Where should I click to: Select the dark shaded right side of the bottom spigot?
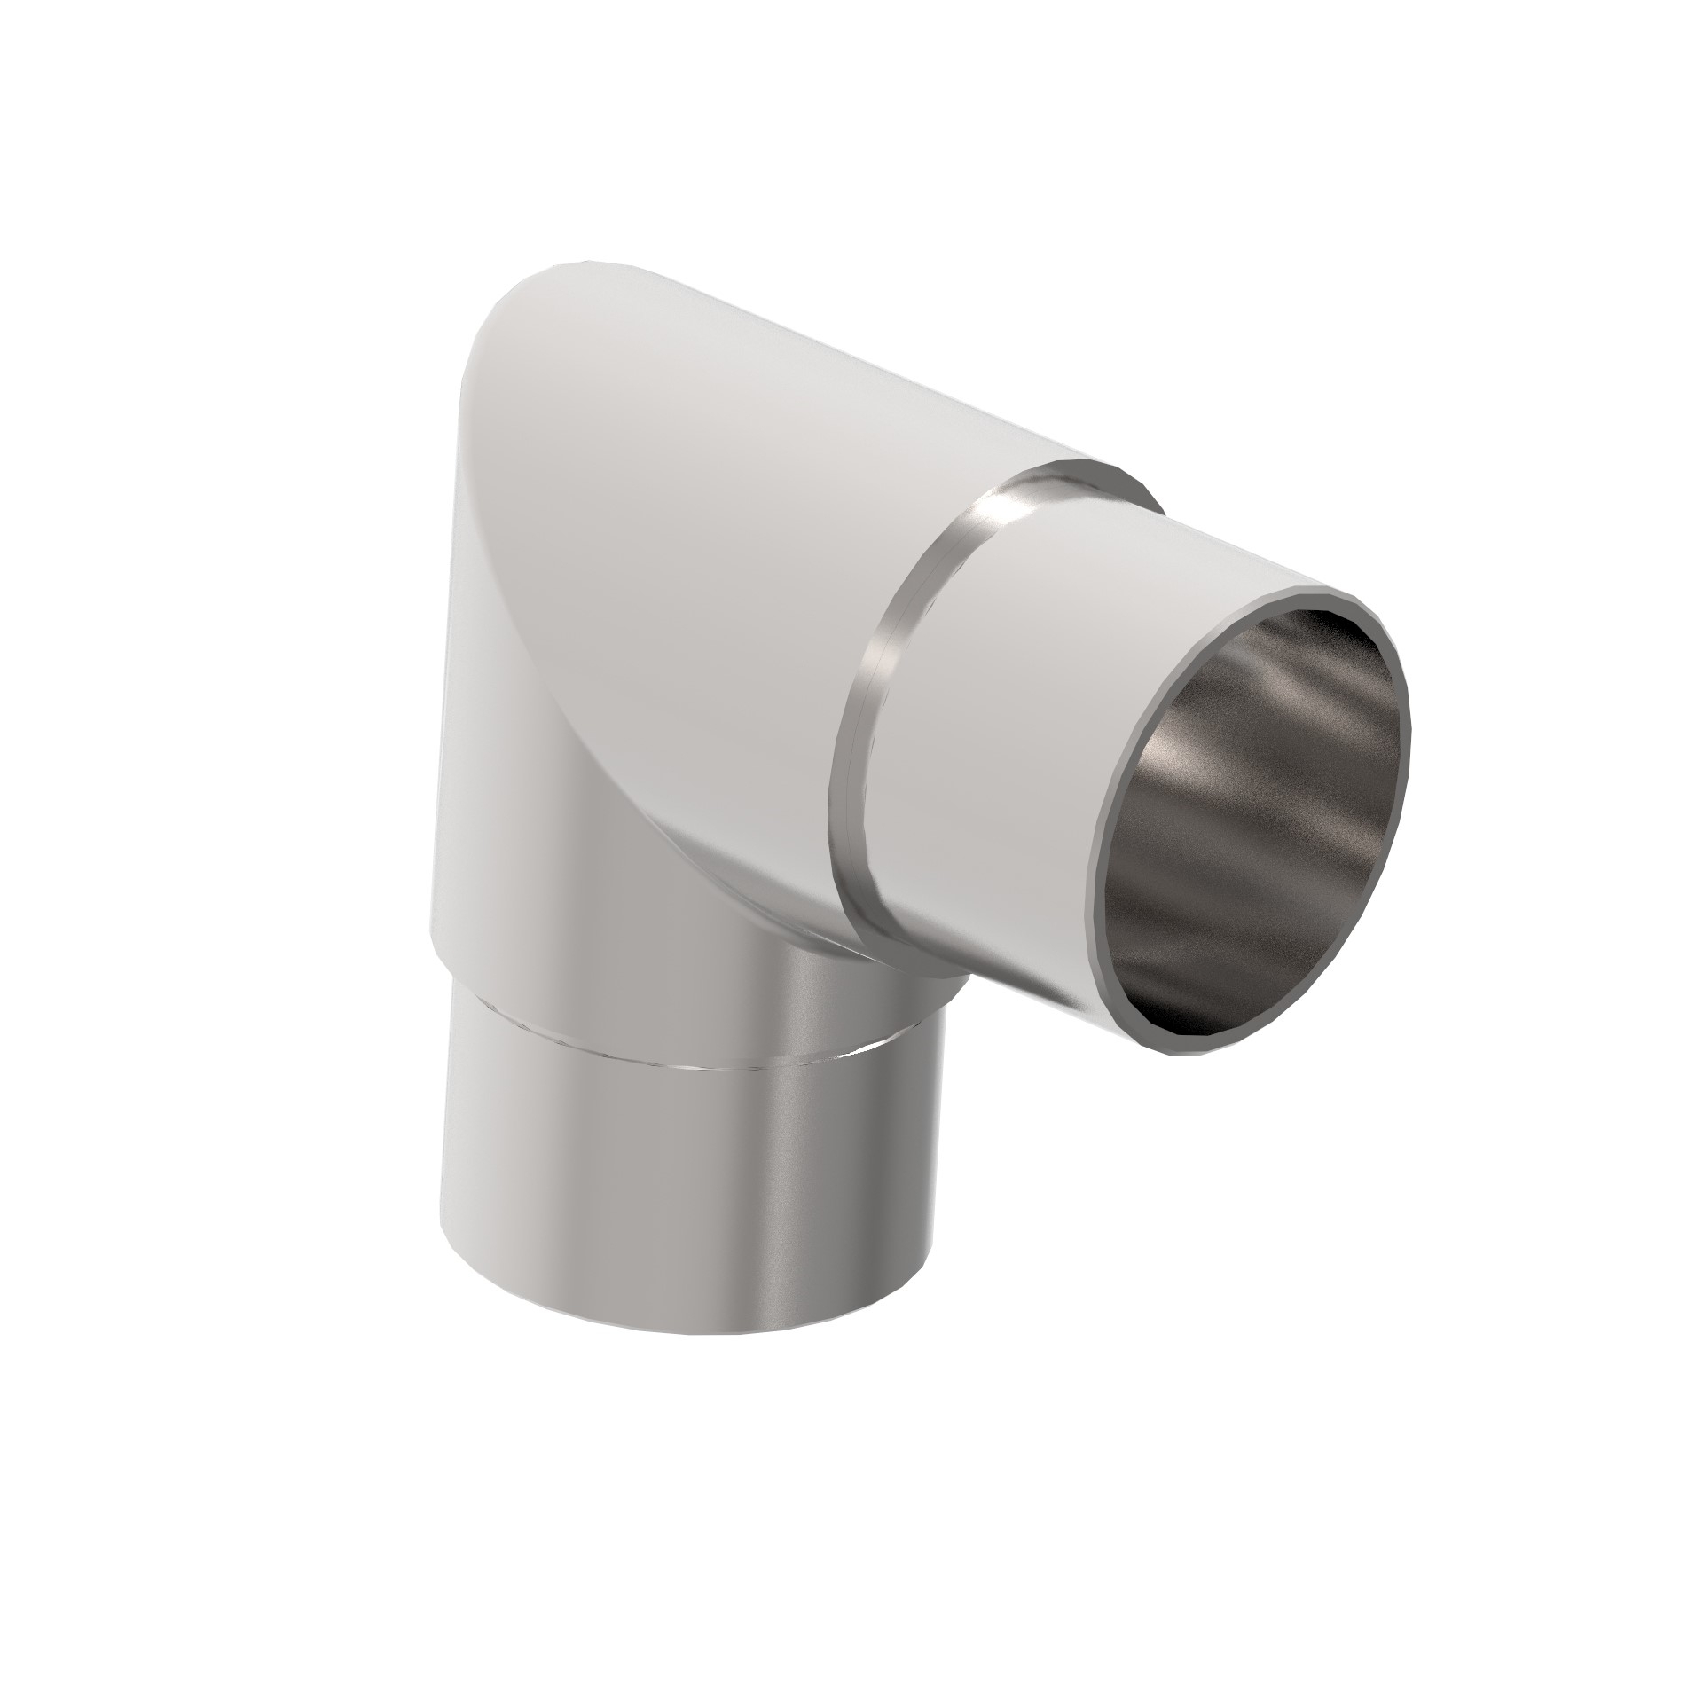[x=878, y=1197]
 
